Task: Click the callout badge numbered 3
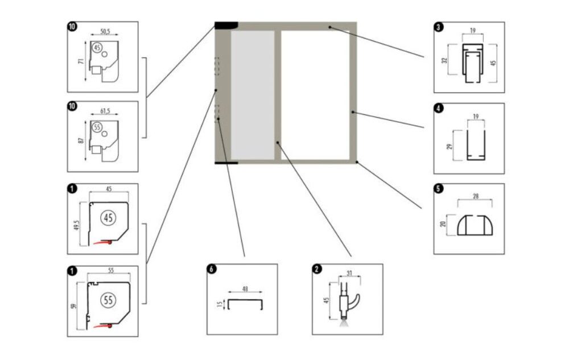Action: tap(438, 26)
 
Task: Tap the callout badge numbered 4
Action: tap(438, 107)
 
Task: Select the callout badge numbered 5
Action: tap(438, 188)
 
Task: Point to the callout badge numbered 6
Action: tap(211, 268)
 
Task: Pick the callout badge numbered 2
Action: tap(317, 268)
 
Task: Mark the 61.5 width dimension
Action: tap(104, 112)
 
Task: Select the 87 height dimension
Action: tap(82, 140)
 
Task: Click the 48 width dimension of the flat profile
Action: tap(245, 289)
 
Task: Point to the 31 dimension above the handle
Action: tap(350, 272)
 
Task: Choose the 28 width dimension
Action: tap(475, 196)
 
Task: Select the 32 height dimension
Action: tap(446, 59)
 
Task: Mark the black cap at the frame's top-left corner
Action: tap(226, 24)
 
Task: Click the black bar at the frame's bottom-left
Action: tap(225, 163)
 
